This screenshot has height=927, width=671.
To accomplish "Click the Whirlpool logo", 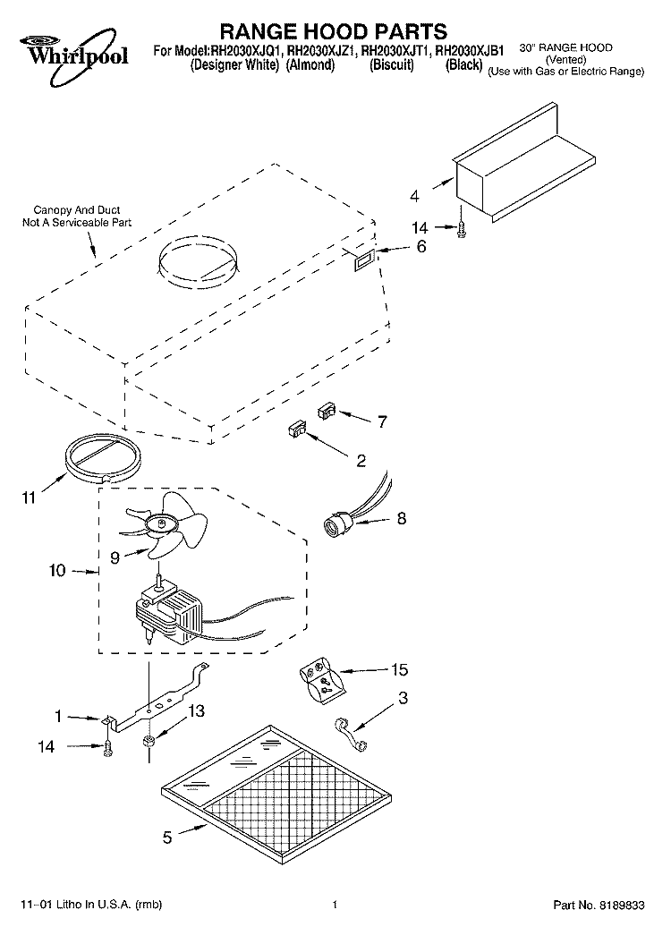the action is click(x=74, y=56).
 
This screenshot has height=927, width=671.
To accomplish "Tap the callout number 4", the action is click(x=414, y=196).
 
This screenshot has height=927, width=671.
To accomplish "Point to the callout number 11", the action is click(x=29, y=498).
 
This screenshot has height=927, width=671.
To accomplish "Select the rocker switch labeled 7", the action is click(x=327, y=410).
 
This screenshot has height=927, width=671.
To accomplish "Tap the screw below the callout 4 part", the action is click(x=461, y=230).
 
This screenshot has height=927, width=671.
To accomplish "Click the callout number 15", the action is click(x=399, y=669).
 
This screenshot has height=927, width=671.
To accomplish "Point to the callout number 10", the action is click(x=57, y=571).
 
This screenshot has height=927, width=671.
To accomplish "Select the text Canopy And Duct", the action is click(x=77, y=210).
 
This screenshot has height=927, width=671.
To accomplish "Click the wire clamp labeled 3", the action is click(x=351, y=735).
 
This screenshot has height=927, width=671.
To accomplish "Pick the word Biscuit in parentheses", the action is click(x=391, y=65).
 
